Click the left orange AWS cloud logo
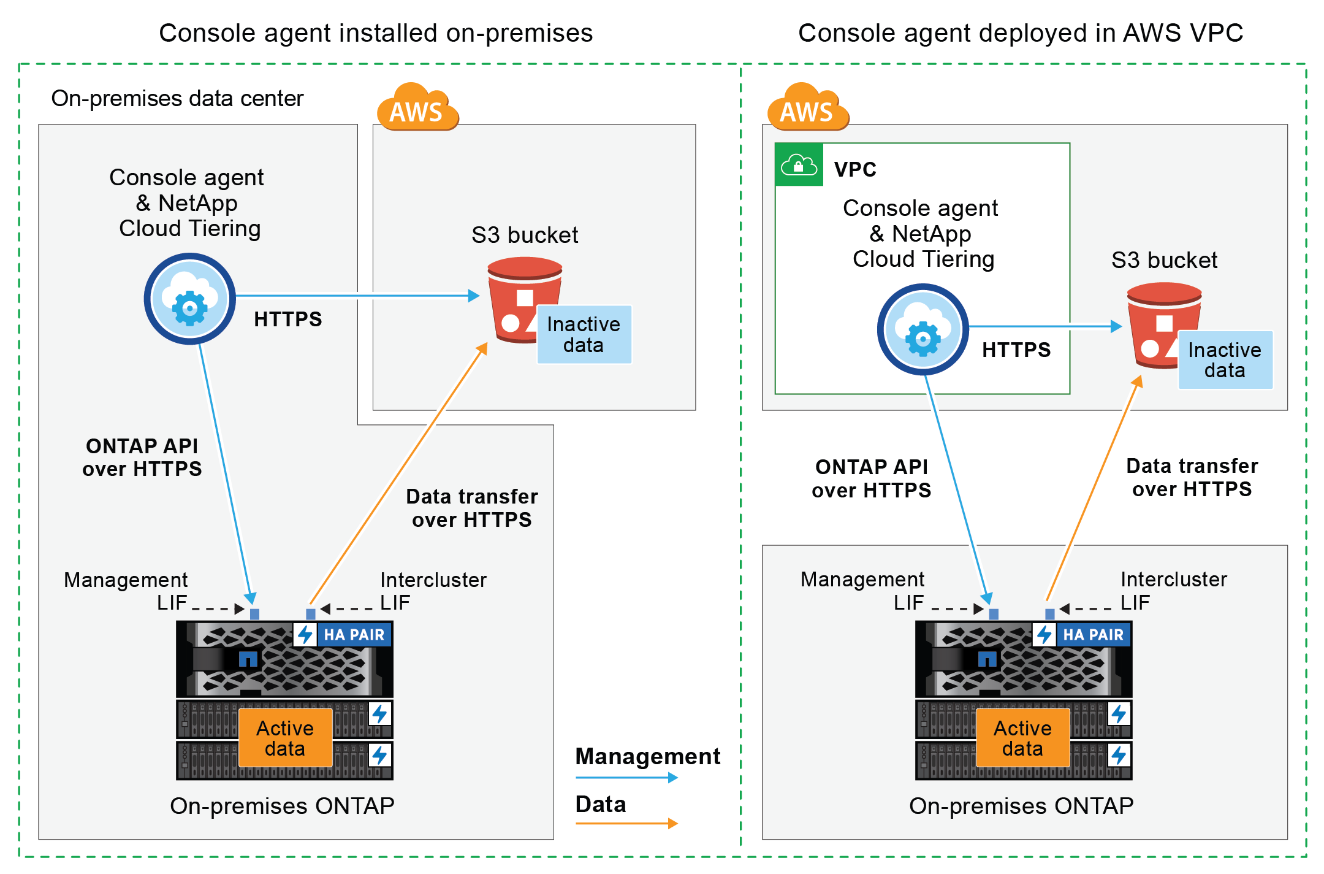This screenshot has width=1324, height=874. point(417,108)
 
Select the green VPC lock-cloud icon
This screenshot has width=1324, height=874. point(799,165)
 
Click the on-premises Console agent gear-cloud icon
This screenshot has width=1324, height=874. point(190,299)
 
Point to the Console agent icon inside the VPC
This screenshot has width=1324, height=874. point(923,330)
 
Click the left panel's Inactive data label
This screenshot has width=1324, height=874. point(584,335)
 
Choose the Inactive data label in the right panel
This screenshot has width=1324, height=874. point(1225,360)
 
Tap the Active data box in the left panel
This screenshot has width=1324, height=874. point(285,738)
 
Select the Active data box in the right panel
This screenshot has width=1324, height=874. point(1022,738)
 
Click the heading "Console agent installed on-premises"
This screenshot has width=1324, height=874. point(376,33)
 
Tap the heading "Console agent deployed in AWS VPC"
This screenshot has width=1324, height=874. point(1021,33)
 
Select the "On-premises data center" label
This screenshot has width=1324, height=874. point(177,98)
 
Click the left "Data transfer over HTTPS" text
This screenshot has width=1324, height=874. point(472,508)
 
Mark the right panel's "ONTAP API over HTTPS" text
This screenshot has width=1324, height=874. point(871,478)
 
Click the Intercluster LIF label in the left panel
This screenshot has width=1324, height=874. point(433,591)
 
